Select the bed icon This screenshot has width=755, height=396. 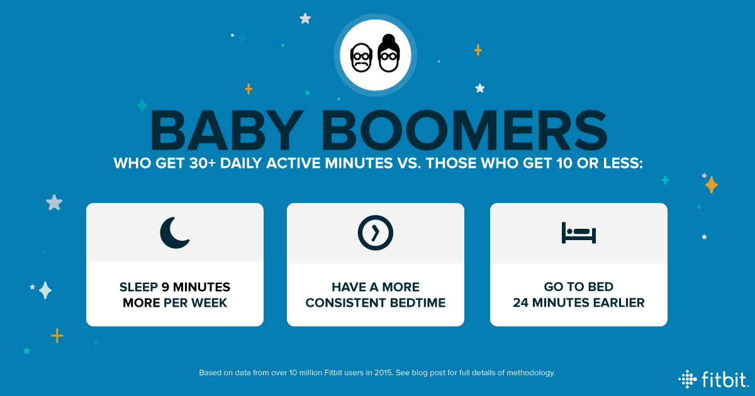click(x=579, y=233)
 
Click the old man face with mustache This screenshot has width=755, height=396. click(x=361, y=58)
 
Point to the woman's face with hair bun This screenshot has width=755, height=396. click(x=389, y=53)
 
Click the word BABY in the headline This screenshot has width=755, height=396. click(x=226, y=130)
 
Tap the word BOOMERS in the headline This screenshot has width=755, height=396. click(x=465, y=130)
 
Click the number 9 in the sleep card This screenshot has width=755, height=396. click(x=165, y=287)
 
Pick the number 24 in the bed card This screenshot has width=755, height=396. click(x=520, y=303)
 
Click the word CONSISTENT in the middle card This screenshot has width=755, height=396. click(x=345, y=303)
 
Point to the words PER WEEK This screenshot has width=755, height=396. click(x=195, y=303)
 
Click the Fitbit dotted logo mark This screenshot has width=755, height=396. click(x=687, y=379)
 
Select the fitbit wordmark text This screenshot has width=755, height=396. click(x=725, y=379)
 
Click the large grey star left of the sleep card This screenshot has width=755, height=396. click(x=54, y=202)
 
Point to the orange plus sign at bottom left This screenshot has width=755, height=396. click(x=57, y=336)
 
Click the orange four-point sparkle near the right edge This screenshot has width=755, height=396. click(x=711, y=185)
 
